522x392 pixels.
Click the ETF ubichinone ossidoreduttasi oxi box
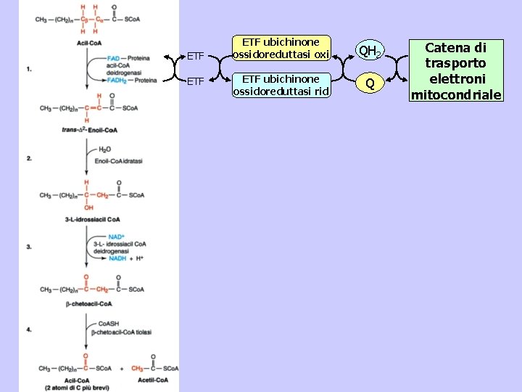point(281,48)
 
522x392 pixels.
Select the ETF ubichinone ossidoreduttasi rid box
point(281,84)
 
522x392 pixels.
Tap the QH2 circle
point(370,51)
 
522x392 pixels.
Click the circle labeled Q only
point(370,84)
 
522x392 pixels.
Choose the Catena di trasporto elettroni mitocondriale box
point(456,71)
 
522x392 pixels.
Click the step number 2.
point(28,158)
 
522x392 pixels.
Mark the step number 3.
point(28,247)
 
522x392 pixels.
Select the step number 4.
point(28,330)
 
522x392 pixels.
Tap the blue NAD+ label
point(116,237)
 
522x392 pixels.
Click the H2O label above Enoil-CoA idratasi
point(104,150)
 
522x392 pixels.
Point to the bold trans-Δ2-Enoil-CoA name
point(91,130)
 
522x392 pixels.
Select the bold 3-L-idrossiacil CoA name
point(92,219)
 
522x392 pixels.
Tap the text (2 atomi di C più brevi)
point(77,388)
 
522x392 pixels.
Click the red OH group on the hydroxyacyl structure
point(88,206)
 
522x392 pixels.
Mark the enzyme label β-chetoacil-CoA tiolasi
point(122,332)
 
